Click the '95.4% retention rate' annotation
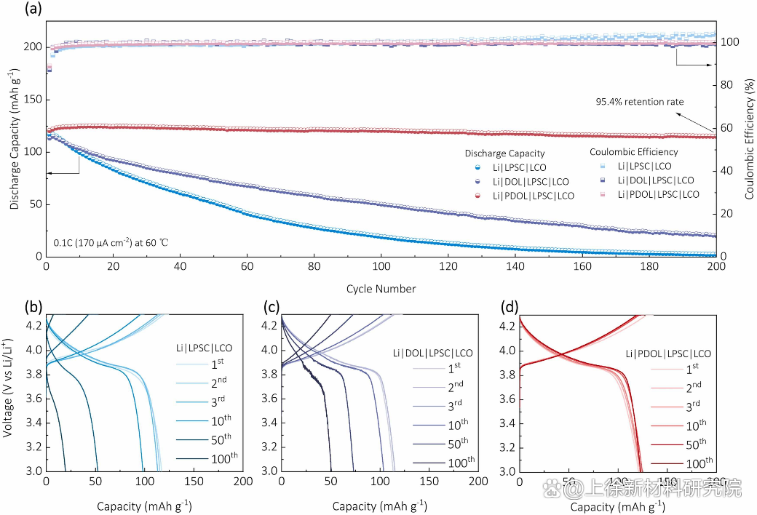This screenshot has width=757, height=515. [640, 102]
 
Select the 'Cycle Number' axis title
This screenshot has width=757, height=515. [381, 289]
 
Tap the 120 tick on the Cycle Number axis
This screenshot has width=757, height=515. [448, 267]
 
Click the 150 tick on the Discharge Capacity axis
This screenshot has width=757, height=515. [32, 100]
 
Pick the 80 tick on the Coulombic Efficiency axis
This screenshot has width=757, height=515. [728, 85]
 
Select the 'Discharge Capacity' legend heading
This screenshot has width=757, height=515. [504, 153]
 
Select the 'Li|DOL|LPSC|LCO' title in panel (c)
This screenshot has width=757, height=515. [438, 353]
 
